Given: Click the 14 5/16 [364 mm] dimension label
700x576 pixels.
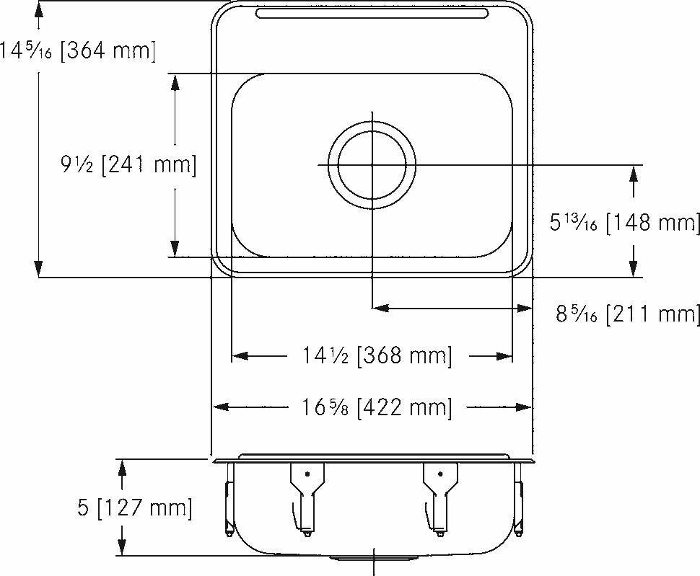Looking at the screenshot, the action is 78,50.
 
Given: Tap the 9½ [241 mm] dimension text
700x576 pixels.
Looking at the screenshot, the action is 128,165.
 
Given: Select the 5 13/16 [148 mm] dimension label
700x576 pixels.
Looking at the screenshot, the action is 624,221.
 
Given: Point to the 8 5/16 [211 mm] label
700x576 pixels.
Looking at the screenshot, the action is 627,313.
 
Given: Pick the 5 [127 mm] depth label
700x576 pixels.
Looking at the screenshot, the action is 135,508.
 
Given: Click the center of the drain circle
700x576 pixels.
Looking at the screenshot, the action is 372,165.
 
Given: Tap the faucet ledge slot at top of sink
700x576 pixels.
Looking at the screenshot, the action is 372,14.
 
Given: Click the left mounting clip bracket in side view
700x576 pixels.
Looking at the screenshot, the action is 307,498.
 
